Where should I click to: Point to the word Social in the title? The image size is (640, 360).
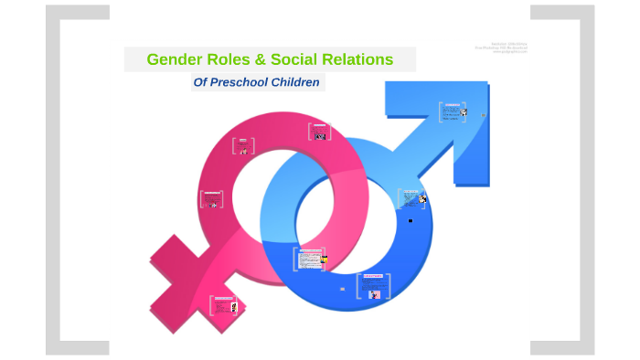[292, 60]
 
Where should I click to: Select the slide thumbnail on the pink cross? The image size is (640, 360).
[223, 305]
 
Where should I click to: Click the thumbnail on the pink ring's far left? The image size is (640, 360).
[211, 200]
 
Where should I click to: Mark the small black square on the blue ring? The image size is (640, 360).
[410, 220]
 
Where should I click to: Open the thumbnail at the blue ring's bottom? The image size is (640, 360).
[376, 286]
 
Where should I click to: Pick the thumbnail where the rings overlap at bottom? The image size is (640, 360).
[309, 259]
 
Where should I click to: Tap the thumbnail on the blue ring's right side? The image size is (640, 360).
[412, 198]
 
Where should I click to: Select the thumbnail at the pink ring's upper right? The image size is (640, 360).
[318, 132]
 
